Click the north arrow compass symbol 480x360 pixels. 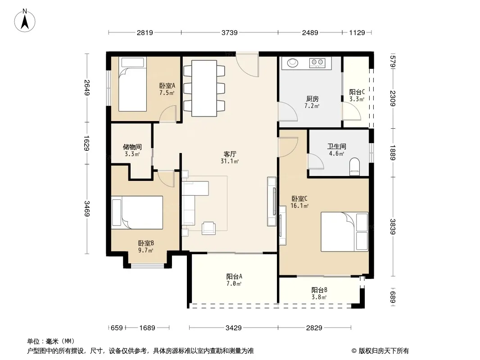pos(25,21)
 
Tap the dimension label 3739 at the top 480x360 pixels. pos(230,32)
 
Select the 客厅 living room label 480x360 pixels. pos(230,154)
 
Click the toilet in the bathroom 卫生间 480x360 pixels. pos(354,166)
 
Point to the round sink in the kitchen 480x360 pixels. pos(292,63)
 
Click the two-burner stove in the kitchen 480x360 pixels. pos(317,63)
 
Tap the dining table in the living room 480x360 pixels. pos(204,88)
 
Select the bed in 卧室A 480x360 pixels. pos(132,85)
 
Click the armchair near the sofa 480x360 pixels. pos(208,228)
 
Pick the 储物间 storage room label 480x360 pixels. pos(132,147)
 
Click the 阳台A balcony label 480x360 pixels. pos(234,276)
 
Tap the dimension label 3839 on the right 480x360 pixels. pos(393,227)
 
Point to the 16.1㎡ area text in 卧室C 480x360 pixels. pos(299,206)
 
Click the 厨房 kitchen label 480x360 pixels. pos(312,99)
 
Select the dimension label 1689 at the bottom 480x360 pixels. pos(147,328)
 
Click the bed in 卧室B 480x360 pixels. pos(137,212)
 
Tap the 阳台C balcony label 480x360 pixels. pos(357,92)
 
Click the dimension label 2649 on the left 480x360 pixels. pos(86,87)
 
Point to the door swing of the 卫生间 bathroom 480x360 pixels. pos(316,161)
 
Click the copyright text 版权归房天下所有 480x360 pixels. pos(384,351)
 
